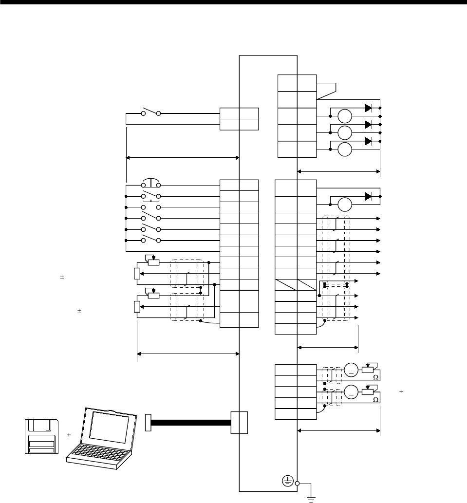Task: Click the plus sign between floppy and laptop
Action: click(69, 434)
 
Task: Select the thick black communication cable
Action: click(191, 423)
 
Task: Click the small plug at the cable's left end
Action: click(149, 423)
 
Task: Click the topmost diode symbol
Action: click(368, 108)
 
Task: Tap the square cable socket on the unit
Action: click(239, 422)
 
